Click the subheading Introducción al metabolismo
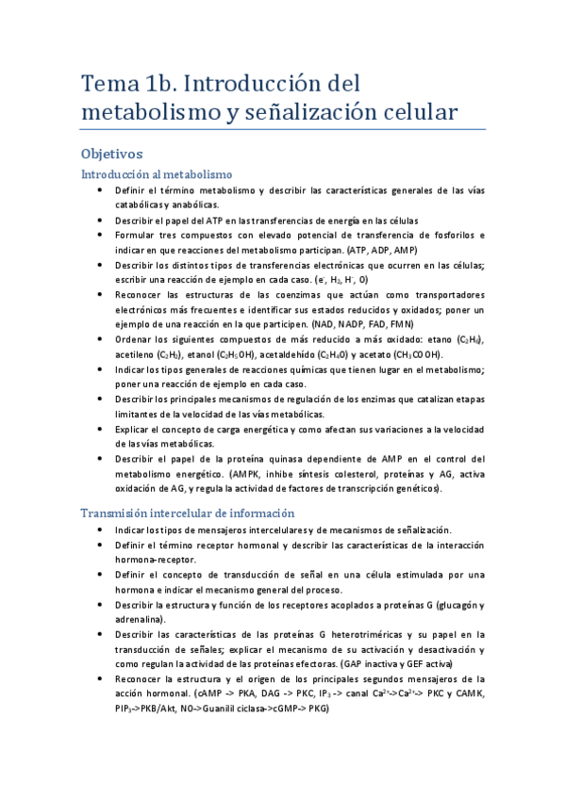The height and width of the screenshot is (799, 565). (157, 174)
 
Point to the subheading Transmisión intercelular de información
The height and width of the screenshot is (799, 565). (189, 513)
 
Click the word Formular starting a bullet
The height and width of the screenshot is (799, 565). (134, 235)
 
